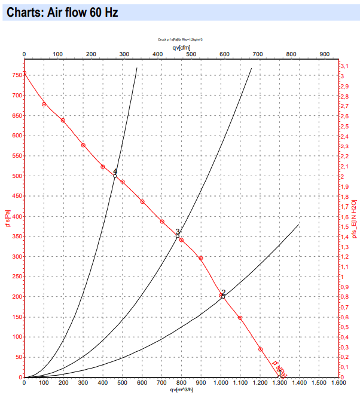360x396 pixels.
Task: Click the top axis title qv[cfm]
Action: click(181, 47)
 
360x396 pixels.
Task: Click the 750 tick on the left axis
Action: click(14, 75)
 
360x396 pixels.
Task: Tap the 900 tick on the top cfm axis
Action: click(324, 54)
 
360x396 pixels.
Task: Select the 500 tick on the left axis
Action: click(14, 176)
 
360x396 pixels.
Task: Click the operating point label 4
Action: click(115, 171)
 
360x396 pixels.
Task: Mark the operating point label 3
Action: click(178, 232)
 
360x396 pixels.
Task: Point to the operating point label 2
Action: click(224, 293)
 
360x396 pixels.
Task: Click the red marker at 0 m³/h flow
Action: click(24, 73)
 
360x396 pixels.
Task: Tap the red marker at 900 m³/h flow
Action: click(201, 258)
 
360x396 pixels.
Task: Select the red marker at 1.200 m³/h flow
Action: click(260, 349)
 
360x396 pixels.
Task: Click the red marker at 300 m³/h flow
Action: click(83, 145)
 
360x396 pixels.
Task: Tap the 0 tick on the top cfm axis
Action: click(24, 54)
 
